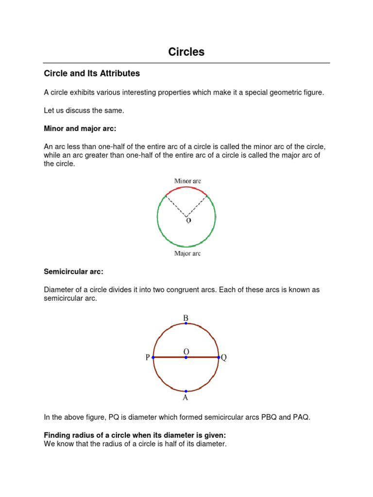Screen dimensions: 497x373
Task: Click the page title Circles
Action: click(186, 52)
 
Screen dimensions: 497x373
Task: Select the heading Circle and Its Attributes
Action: click(92, 74)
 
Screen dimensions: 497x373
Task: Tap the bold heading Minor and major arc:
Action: click(80, 129)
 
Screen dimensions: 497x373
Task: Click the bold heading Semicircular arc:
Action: click(74, 272)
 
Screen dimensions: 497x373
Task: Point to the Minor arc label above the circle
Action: click(187, 181)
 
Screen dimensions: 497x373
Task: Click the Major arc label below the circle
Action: click(187, 254)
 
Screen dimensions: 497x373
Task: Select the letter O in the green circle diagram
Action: click(188, 221)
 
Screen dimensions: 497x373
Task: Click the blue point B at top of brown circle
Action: click(186, 323)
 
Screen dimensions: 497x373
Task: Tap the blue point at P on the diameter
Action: click(153, 357)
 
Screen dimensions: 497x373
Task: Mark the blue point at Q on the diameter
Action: click(219, 357)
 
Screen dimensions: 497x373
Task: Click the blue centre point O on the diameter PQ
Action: click(186, 357)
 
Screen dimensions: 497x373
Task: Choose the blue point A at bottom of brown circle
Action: click(186, 391)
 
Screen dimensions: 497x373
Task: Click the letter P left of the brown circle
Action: click(147, 358)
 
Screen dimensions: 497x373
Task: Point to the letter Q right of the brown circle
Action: click(224, 358)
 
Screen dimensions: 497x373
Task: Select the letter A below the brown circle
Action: click(185, 398)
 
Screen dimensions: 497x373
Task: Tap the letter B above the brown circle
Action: click(186, 318)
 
